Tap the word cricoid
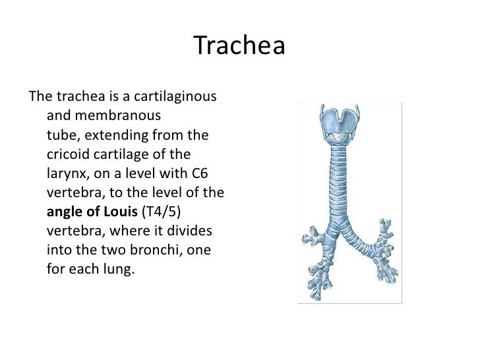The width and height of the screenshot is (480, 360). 69,156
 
